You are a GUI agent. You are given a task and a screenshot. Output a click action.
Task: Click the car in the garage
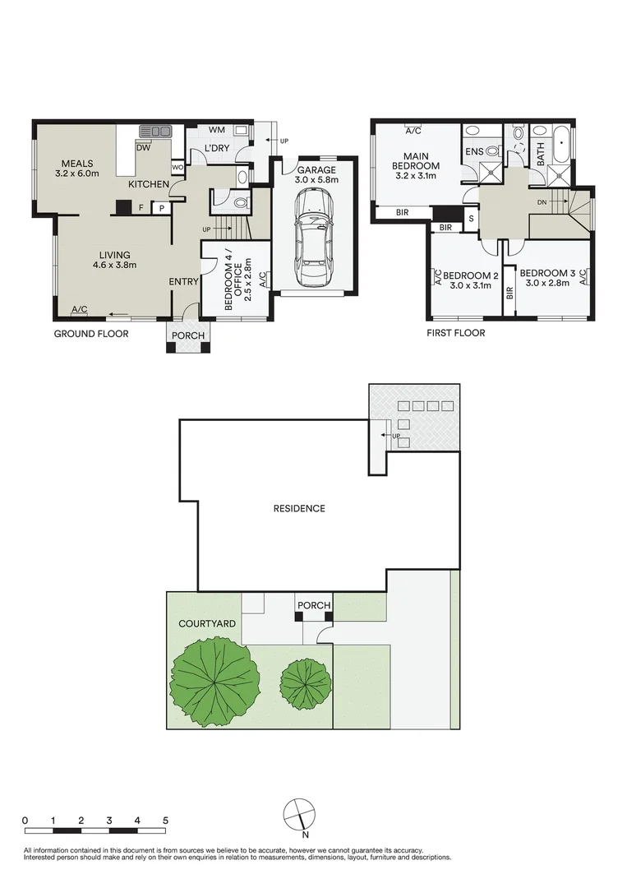[x=314, y=238]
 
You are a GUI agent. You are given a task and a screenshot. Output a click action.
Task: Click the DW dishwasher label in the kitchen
[x=143, y=148]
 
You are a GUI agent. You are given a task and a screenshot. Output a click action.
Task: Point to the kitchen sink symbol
[x=154, y=131]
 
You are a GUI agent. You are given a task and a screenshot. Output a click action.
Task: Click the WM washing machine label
[x=217, y=130]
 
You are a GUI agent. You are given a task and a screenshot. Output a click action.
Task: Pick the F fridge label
[x=141, y=208]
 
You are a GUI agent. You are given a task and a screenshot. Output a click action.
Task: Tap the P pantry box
[x=162, y=208]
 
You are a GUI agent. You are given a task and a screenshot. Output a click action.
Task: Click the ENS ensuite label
[x=474, y=152]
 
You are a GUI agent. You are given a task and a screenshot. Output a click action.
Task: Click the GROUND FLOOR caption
[x=91, y=334]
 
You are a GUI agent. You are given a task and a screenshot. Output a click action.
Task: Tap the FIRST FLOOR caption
[x=455, y=334]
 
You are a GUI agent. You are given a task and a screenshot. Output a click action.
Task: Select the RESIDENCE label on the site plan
[x=299, y=508]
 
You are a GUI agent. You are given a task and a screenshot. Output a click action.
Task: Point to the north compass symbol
[x=298, y=814]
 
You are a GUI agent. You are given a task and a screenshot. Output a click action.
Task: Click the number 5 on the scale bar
[x=165, y=821]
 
